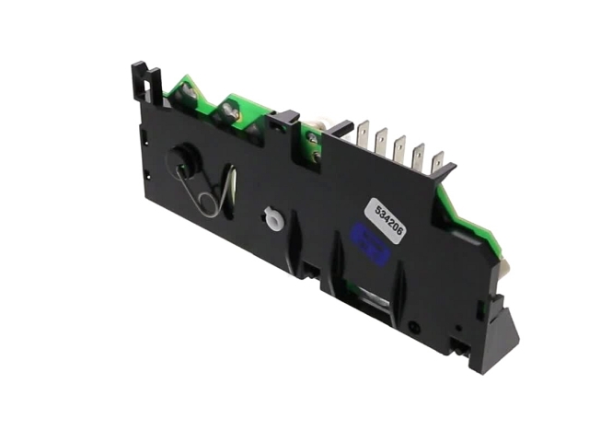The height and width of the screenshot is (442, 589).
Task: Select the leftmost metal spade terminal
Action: [364, 134]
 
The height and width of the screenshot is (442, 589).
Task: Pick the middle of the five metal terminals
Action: [399, 149]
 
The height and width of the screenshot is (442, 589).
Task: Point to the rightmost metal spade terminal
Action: [437, 164]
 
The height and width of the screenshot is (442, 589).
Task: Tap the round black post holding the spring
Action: [183, 157]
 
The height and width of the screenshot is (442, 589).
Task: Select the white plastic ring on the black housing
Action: [273, 217]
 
